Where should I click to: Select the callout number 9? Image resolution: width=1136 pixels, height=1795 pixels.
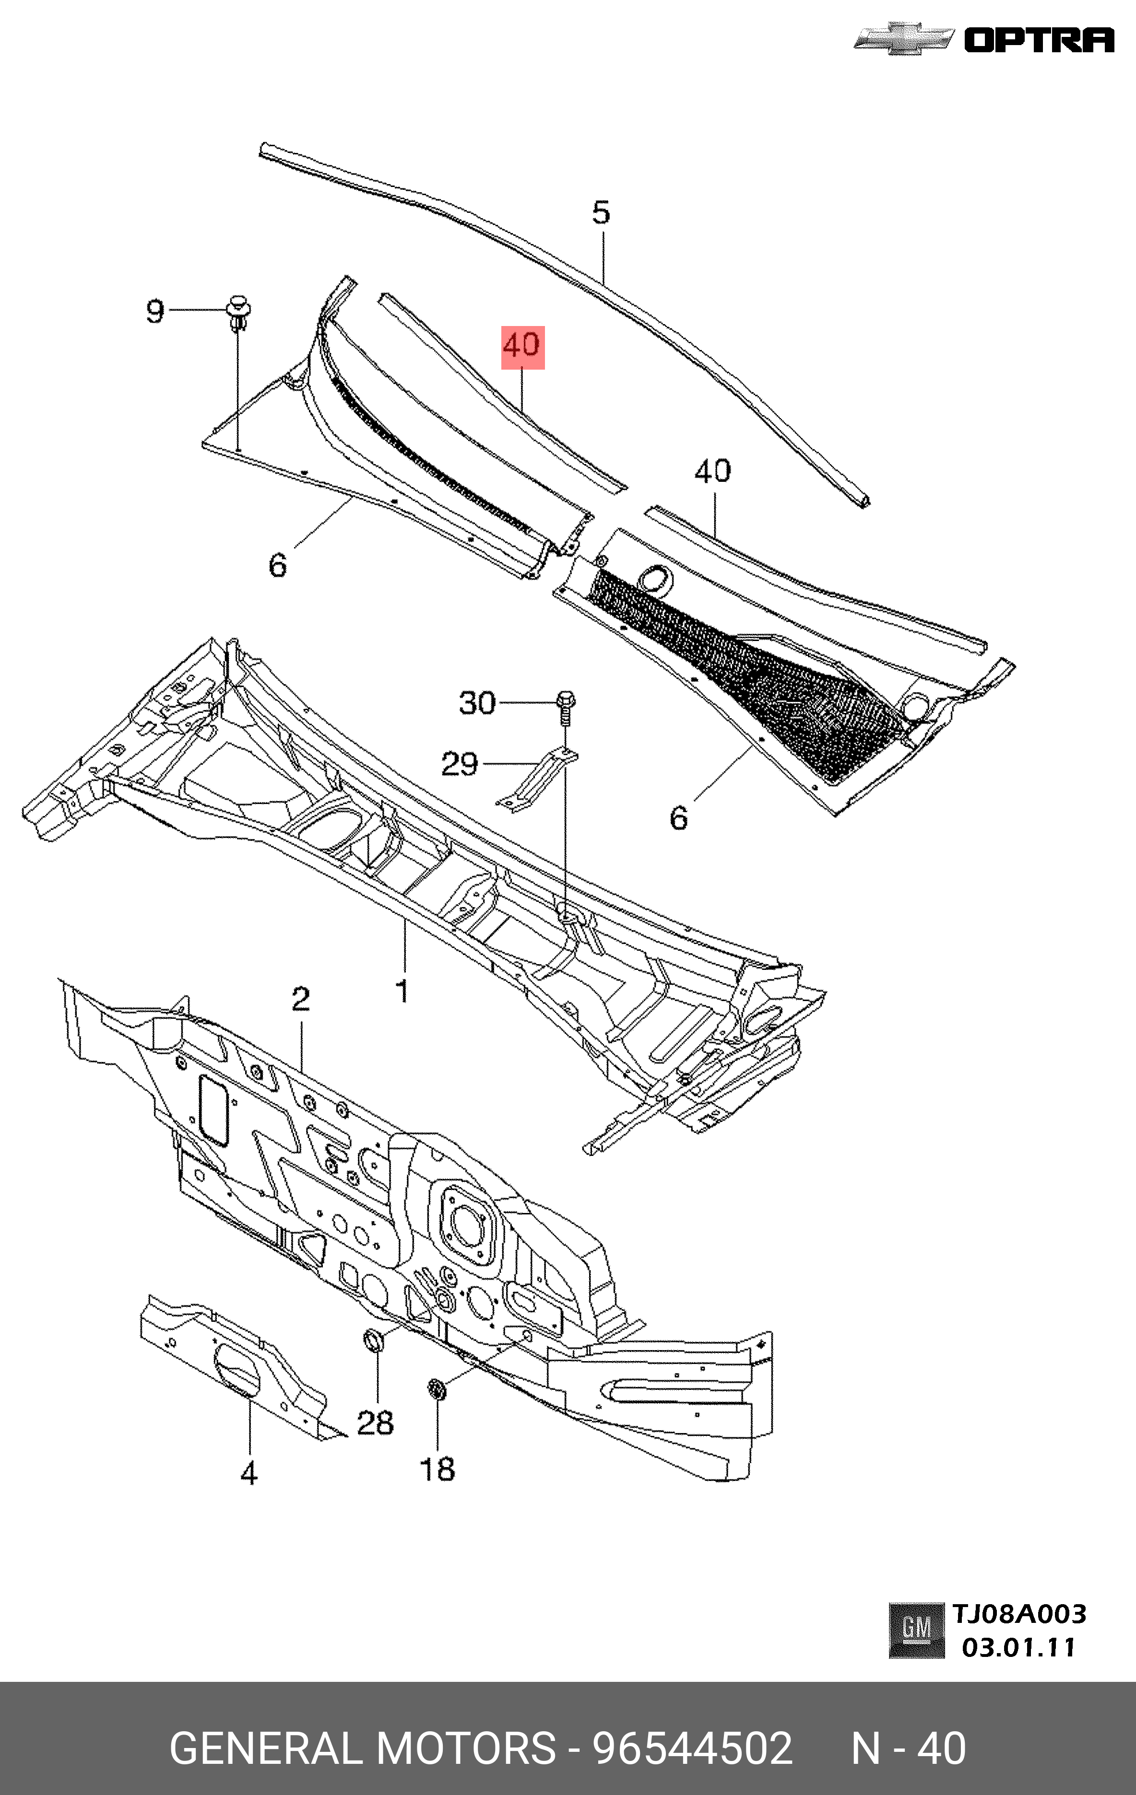click(x=154, y=311)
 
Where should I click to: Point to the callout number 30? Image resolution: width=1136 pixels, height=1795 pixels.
click(x=477, y=703)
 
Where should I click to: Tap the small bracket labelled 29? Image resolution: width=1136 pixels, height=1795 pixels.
click(x=537, y=780)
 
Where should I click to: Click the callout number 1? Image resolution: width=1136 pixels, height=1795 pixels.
click(x=402, y=991)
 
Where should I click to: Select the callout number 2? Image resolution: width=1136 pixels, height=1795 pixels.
click(x=301, y=999)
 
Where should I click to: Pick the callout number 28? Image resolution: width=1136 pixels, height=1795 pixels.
click(x=375, y=1422)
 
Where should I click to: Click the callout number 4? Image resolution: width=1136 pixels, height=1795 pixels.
click(x=249, y=1474)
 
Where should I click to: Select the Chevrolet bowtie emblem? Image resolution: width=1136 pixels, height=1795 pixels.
click(x=903, y=39)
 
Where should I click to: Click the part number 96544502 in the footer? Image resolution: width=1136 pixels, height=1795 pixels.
click(x=692, y=1748)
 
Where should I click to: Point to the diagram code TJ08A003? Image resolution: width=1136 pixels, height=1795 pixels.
click(x=1019, y=1614)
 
